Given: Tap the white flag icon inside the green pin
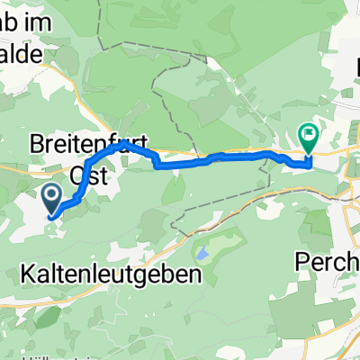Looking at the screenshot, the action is point(309,137).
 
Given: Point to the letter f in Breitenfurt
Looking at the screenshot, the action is point(112,143).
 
